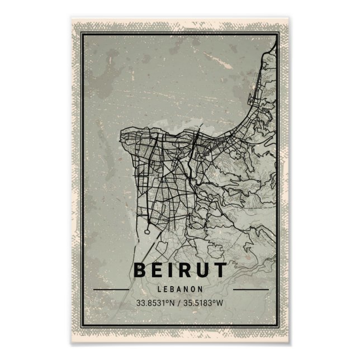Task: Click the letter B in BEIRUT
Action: tap(140, 270)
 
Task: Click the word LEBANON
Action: tap(180, 289)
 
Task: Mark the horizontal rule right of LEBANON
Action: tap(250, 290)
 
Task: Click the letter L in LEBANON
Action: tap(160, 289)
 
